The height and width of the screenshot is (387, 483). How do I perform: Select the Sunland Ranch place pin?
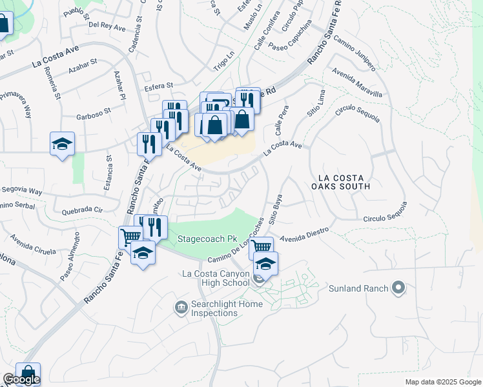(398, 288)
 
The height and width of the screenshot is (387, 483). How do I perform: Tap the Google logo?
(21, 379)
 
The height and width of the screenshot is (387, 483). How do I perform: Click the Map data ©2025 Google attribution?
(443, 382)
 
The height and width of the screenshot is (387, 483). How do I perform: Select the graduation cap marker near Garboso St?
(63, 144)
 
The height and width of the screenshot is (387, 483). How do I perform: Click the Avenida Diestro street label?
(304, 233)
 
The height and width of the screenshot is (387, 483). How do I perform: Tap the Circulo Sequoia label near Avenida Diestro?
(385, 213)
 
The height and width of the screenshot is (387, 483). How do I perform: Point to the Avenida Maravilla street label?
(356, 83)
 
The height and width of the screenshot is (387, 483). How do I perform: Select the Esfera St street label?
(159, 85)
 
